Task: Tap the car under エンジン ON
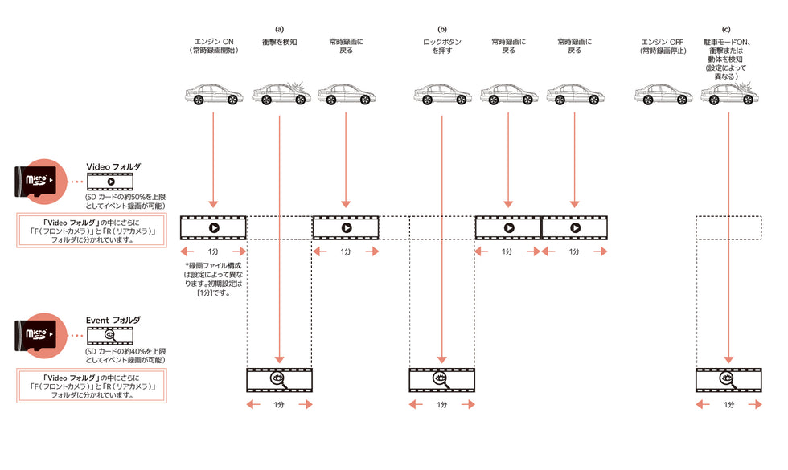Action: pyautogui.click(x=213, y=96)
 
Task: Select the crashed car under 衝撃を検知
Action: pyautogui.click(x=281, y=94)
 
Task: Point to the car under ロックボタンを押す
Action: pyautogui.click(x=442, y=96)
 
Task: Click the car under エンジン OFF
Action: pyautogui.click(x=662, y=96)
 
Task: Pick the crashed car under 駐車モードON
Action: pyautogui.click(x=728, y=94)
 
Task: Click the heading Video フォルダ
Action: pyautogui.click(x=113, y=166)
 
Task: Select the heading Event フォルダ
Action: pyautogui.click(x=113, y=320)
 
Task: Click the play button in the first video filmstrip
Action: pyautogui.click(x=213, y=227)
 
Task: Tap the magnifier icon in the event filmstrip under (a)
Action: pyautogui.click(x=279, y=379)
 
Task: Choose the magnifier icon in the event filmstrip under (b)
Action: pyautogui.click(x=442, y=379)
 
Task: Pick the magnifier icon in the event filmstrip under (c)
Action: pyautogui.click(x=728, y=379)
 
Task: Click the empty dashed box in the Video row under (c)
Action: pyautogui.click(x=728, y=227)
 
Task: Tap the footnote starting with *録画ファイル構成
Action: pyautogui.click(x=213, y=279)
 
